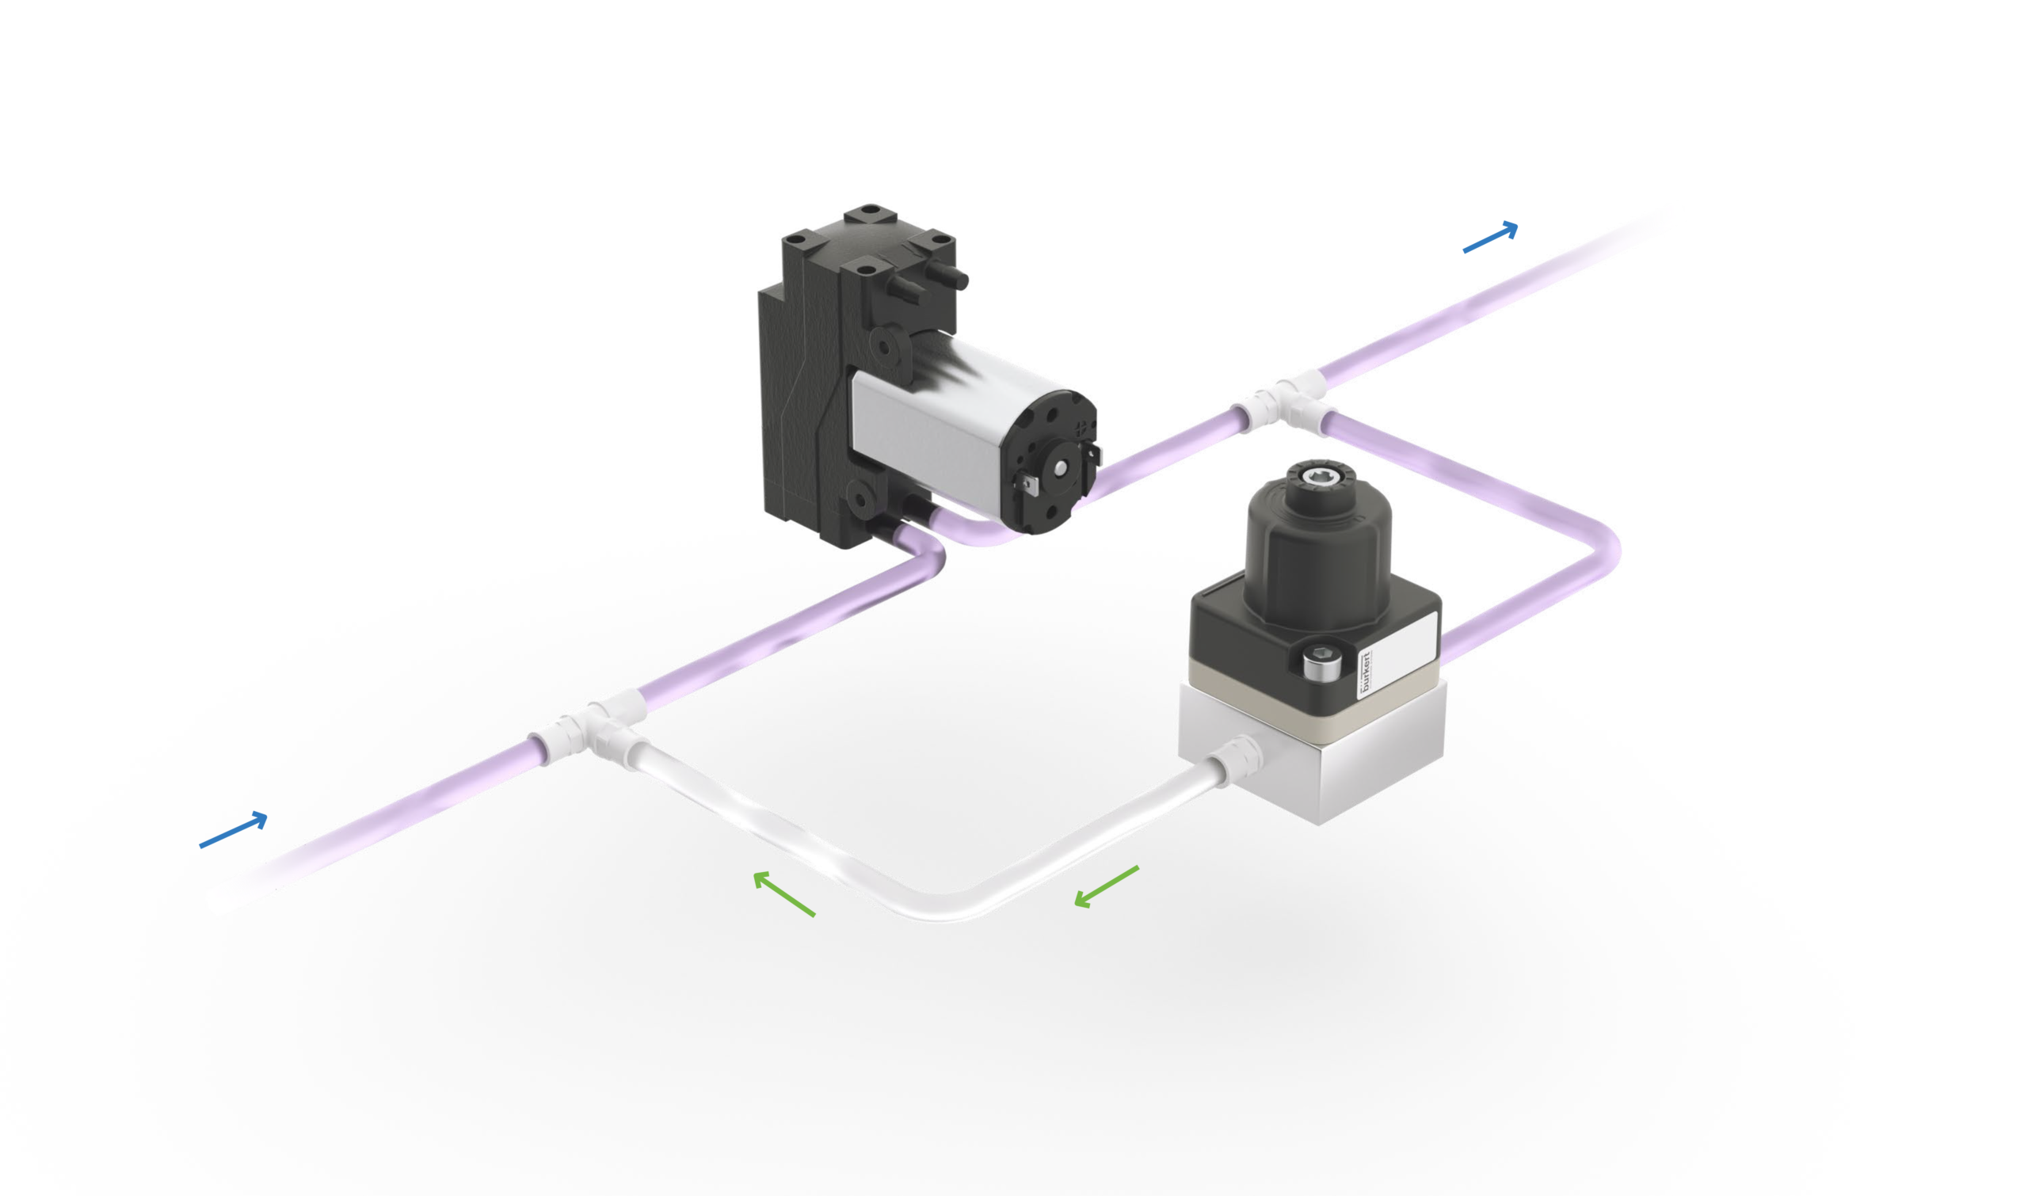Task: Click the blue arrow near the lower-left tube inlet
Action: coord(234,830)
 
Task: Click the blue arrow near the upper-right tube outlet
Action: coord(1490,238)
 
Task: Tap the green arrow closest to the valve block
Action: coord(1106,887)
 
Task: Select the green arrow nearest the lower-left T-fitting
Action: coord(783,893)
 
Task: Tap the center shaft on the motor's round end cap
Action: coord(1059,467)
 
